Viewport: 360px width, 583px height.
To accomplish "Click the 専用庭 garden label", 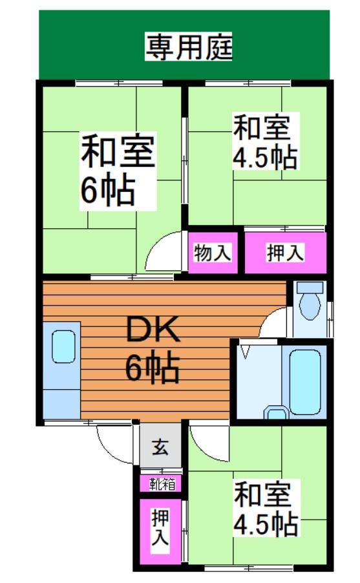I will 187,47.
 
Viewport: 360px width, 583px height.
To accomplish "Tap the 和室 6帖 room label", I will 117,169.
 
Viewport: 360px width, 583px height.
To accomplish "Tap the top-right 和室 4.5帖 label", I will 265,142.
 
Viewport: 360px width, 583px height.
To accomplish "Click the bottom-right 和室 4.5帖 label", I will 266,507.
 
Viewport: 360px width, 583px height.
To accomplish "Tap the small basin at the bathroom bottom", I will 277,413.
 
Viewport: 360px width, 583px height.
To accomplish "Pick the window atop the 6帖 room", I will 107,83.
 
